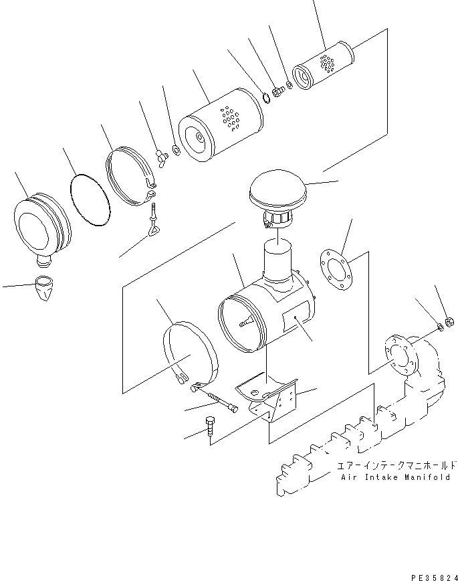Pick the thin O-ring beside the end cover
pyautogui.click(x=89, y=200)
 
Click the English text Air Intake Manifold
pyautogui.click(x=398, y=477)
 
